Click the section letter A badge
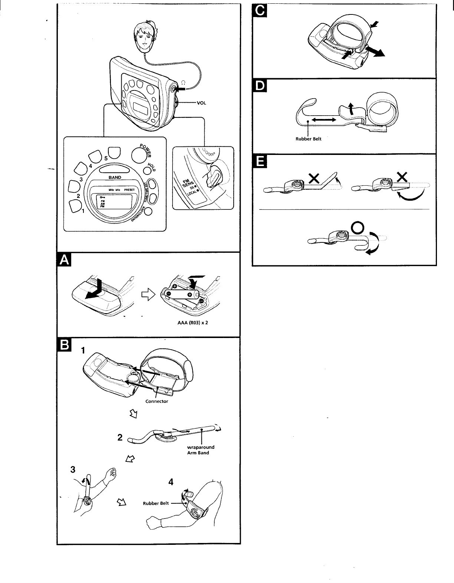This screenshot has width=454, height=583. [65, 261]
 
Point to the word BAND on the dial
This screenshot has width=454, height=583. [115, 178]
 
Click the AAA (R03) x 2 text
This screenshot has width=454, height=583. [193, 322]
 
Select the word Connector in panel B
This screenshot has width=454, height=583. [157, 401]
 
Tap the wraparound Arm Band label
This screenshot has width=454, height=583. [200, 450]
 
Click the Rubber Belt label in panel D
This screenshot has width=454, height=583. [306, 139]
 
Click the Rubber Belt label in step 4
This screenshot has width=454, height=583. [156, 503]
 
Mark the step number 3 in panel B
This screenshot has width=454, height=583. [73, 470]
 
